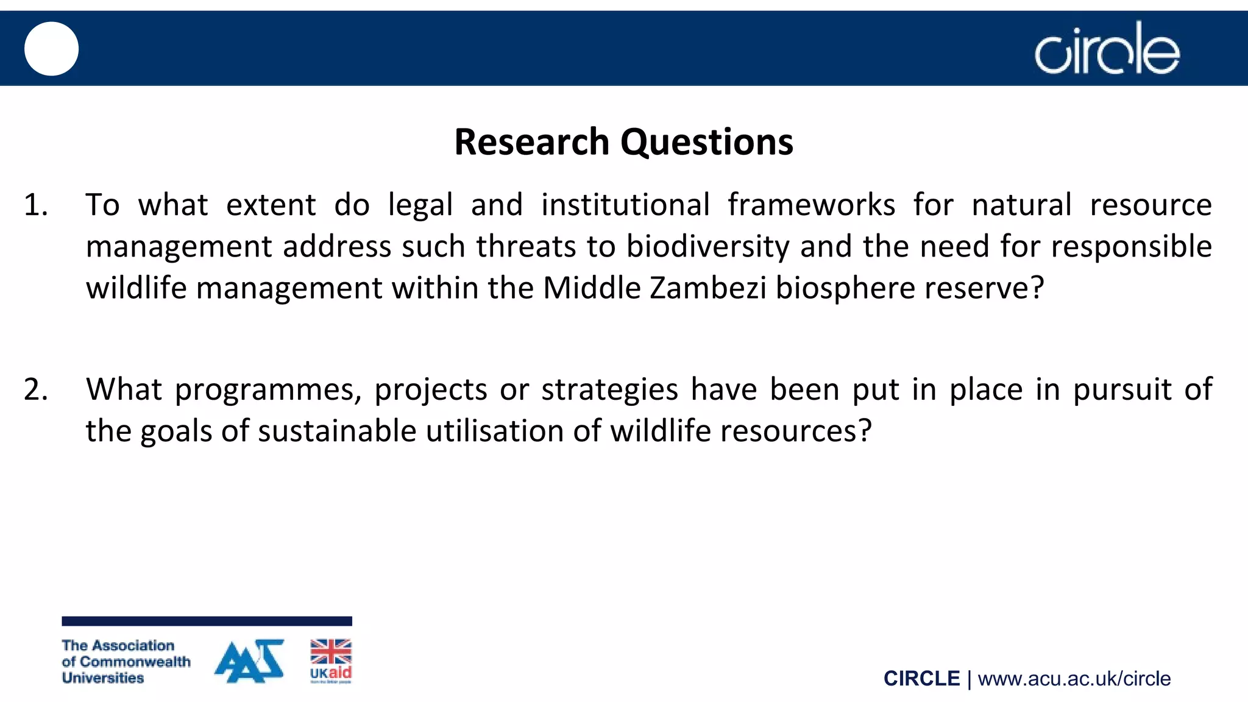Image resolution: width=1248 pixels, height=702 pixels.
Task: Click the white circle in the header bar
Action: click(51, 49)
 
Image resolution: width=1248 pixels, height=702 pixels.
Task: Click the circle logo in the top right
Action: click(1107, 49)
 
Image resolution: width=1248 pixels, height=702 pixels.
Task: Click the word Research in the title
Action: click(531, 141)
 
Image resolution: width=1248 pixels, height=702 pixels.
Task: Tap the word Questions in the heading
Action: click(707, 141)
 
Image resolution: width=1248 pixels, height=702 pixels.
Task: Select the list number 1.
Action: click(35, 205)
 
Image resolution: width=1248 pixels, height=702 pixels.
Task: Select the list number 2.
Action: click(35, 389)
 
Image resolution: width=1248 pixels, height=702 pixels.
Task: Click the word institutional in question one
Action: click(625, 205)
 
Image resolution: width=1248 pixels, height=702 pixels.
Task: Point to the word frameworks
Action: click(811, 205)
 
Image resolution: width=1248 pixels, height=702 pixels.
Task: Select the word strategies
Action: click(609, 391)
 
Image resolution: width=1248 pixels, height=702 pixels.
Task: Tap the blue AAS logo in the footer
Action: click(249, 661)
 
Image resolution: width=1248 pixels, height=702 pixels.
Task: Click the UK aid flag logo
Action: click(331, 661)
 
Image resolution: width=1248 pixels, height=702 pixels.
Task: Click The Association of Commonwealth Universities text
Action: click(126, 662)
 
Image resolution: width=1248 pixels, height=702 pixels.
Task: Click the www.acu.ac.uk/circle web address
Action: click(1074, 679)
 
